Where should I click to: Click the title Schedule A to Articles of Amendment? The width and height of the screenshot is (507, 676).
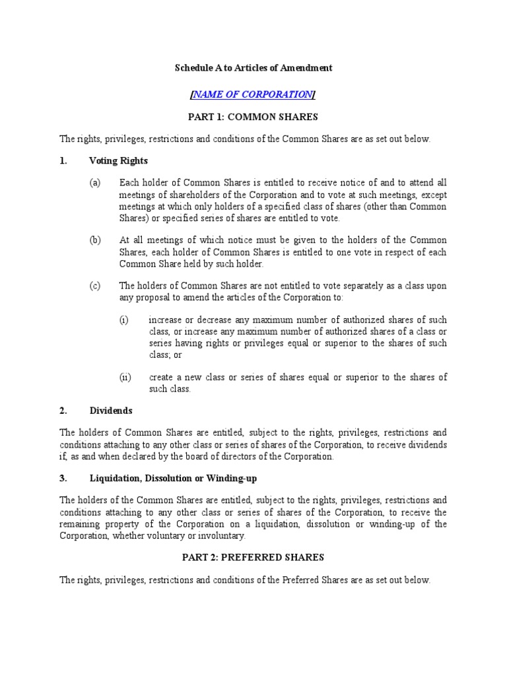253,67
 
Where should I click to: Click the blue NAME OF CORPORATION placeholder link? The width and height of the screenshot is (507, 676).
253,94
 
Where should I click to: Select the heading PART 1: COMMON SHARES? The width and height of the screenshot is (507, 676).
253,117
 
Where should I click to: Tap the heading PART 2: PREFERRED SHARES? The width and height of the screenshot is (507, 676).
253,557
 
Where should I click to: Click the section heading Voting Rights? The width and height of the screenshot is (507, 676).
118,160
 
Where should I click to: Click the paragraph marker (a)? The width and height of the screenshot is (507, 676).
96,182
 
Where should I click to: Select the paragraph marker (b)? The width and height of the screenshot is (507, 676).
96,240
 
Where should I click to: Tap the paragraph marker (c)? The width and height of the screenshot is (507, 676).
96,286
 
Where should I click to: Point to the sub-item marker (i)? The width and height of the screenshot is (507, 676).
123,320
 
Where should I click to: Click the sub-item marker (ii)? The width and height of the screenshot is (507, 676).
125,377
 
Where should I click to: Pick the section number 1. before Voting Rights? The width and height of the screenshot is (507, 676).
63,160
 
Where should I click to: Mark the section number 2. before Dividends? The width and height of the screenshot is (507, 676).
63,411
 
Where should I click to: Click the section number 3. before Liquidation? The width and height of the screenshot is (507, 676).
63,477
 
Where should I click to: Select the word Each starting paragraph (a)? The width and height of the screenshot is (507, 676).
129,182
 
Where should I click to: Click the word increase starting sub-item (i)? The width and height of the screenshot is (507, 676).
166,320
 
